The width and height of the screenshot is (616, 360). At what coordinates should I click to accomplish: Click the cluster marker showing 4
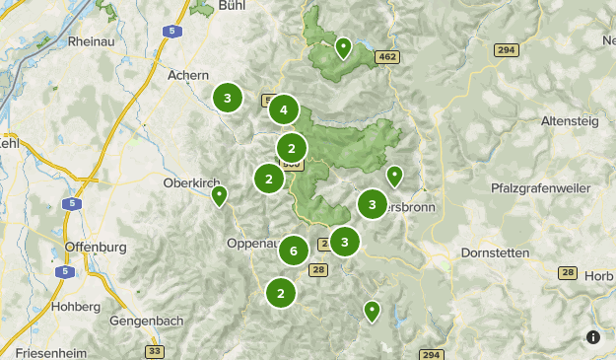point(284,110)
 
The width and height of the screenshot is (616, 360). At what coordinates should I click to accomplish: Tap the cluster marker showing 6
point(293,251)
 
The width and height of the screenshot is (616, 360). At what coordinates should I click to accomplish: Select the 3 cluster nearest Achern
point(228,98)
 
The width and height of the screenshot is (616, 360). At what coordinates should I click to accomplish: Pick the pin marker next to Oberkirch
point(220,196)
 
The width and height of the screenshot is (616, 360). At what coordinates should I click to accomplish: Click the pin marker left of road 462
point(343,46)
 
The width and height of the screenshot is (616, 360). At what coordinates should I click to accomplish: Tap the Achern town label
point(188,75)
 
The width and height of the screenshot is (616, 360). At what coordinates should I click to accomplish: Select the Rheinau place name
point(94,42)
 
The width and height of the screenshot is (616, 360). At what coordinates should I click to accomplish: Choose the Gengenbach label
point(142,324)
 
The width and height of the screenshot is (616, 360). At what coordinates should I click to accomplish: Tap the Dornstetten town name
point(495,252)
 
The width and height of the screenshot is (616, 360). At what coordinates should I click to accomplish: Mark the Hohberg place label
point(79,307)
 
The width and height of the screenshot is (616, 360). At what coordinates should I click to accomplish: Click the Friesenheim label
point(43,352)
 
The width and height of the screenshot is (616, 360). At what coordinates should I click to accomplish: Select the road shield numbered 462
point(386,58)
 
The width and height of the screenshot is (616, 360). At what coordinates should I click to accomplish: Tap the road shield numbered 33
point(154,351)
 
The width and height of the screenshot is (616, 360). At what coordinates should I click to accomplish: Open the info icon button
point(592,337)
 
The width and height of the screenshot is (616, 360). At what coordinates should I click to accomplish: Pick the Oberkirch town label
point(190,181)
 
